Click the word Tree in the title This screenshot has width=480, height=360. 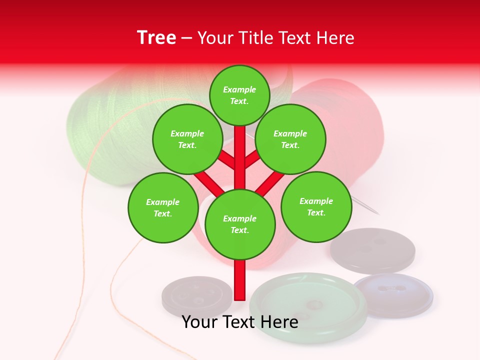[x=156, y=38]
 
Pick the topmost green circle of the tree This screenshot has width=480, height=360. [x=239, y=95]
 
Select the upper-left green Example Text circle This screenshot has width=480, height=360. [x=187, y=139]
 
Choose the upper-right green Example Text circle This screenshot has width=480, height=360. [x=290, y=139]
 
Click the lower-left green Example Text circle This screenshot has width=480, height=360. [x=163, y=207]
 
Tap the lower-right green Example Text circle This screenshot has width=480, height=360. [x=316, y=206]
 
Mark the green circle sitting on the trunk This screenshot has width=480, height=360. [x=240, y=224]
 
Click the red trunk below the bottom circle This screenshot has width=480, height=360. [x=240, y=280]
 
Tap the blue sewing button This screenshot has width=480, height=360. [x=394, y=295]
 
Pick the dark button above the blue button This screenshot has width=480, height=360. [x=372, y=250]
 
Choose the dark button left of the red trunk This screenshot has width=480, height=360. [x=196, y=299]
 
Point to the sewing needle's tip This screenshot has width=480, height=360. [x=377, y=213]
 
